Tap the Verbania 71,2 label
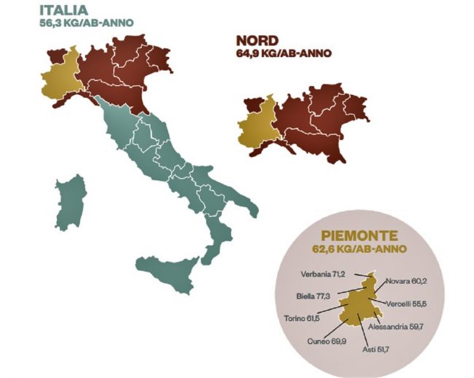pyautogui.click(x=322, y=275)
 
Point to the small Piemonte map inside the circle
pyautogui.click(x=362, y=306)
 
